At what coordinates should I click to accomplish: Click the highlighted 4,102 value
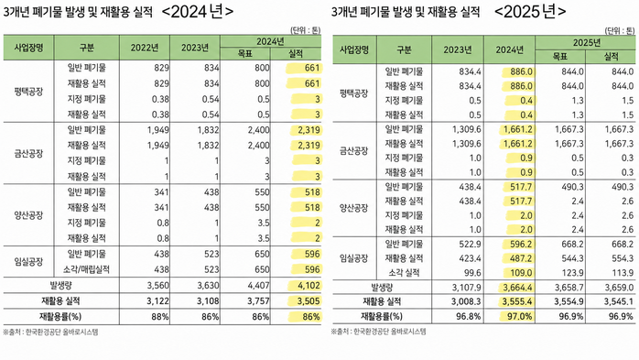click(309, 286)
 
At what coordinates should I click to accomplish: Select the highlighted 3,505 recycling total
click(309, 300)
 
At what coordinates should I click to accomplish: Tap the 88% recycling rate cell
click(159, 316)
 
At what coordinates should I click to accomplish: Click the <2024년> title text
click(197, 11)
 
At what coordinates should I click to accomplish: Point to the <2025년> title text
click(530, 11)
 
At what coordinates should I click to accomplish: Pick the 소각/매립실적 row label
click(86, 269)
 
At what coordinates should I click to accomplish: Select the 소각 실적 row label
click(404, 273)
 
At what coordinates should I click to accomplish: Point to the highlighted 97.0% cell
click(519, 316)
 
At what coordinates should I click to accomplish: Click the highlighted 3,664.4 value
click(517, 288)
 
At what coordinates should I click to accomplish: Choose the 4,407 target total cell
click(258, 286)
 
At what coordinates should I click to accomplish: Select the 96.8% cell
click(468, 316)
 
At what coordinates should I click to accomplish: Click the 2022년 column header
click(145, 48)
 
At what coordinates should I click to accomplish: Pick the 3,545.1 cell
click(619, 302)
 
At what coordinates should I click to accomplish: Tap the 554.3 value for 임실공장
click(623, 258)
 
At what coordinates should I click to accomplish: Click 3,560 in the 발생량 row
click(158, 286)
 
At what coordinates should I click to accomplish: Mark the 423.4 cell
click(470, 258)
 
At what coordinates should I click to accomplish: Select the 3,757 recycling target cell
click(258, 300)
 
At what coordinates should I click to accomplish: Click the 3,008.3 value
click(466, 302)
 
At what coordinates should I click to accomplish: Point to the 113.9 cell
click(623, 273)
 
